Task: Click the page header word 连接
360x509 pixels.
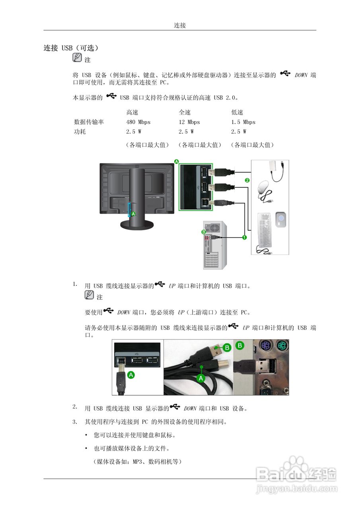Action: click(x=180, y=25)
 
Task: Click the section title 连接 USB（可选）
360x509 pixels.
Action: click(x=71, y=48)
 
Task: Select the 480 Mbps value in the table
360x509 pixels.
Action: click(x=138, y=122)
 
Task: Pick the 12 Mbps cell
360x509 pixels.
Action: click(x=189, y=122)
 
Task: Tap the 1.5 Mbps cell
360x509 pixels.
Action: click(x=243, y=122)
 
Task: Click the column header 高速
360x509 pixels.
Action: click(x=132, y=113)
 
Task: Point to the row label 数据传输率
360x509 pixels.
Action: click(x=89, y=122)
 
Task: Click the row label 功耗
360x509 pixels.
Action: click(x=80, y=132)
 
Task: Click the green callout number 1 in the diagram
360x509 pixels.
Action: click(x=244, y=237)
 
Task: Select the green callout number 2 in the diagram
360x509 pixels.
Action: click(x=247, y=180)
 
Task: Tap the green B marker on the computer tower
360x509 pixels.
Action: click(x=204, y=231)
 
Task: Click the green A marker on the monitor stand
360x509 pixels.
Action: click(x=134, y=214)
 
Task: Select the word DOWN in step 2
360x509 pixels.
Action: click(x=190, y=408)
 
